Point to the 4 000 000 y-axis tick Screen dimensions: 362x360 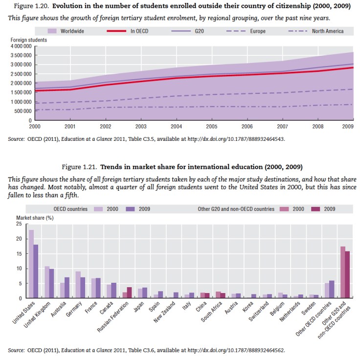coord(21,46)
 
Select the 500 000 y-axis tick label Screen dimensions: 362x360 coord(23,111)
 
